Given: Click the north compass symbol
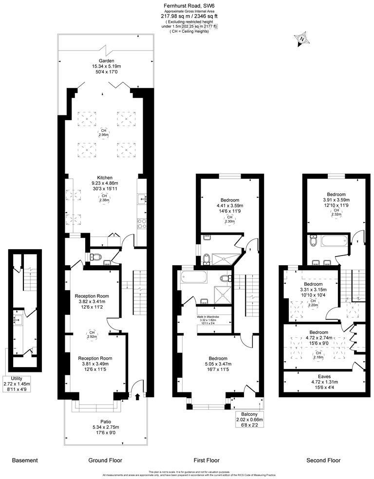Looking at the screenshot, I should pyautogui.click(x=302, y=39).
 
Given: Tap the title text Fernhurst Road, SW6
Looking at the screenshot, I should pyautogui.click(x=187, y=5).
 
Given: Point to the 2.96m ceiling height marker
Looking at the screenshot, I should pyautogui.click(x=103, y=133).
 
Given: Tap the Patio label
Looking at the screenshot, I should pyautogui.click(x=105, y=422).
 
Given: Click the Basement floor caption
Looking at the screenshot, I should pyautogui.click(x=24, y=460).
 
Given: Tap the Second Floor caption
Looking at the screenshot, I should pyautogui.click(x=323, y=460).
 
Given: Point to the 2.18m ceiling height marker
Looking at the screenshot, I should pyautogui.click(x=318, y=354).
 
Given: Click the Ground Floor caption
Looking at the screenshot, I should pyautogui.click(x=105, y=460).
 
